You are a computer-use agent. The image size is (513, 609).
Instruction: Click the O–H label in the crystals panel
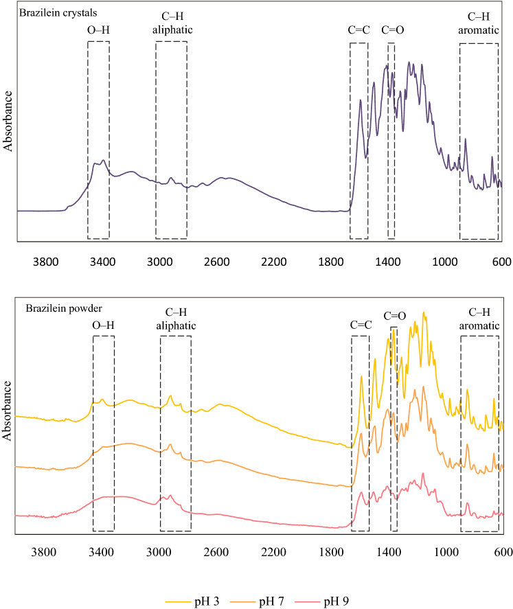point(98,30)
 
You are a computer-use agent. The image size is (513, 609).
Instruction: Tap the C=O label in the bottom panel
point(394,317)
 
